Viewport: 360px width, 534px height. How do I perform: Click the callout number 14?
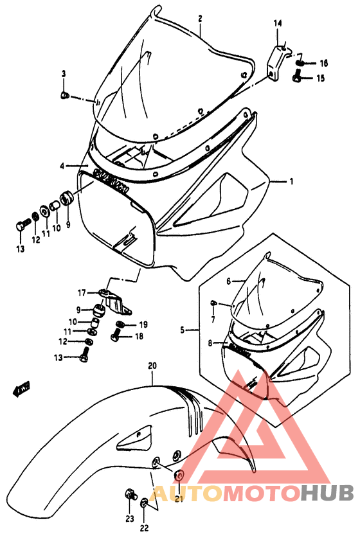[278, 24]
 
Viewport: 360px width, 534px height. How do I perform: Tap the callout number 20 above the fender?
[152, 367]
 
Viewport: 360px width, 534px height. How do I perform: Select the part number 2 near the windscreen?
[200, 19]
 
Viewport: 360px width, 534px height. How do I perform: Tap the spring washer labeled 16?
[300, 63]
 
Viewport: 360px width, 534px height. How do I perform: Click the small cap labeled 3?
[64, 96]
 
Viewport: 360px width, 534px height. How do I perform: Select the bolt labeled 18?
[116, 332]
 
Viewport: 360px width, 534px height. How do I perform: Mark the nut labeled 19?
[120, 324]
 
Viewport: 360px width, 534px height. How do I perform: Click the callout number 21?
[180, 500]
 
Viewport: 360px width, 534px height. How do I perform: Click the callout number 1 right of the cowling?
[291, 182]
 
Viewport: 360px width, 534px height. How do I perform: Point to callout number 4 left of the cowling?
[63, 165]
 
